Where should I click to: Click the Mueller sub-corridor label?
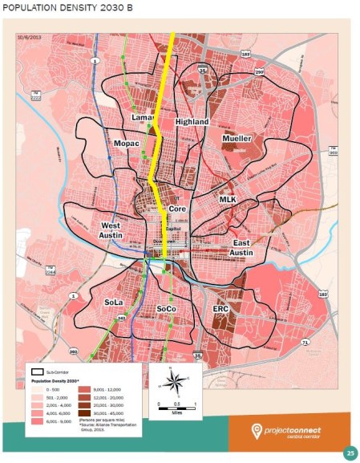pyautogui.click(x=237, y=139)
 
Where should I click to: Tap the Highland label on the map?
pyautogui.click(x=192, y=122)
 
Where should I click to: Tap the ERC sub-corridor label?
pyautogui.click(x=221, y=308)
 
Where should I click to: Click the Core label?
pyautogui.click(x=178, y=209)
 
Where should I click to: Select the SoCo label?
pyautogui.click(x=166, y=308)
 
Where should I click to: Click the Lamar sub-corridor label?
pyautogui.click(x=142, y=118)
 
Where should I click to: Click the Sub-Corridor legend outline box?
pyautogui.click(x=38, y=372)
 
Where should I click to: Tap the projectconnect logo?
pyautogui.click(x=289, y=434)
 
